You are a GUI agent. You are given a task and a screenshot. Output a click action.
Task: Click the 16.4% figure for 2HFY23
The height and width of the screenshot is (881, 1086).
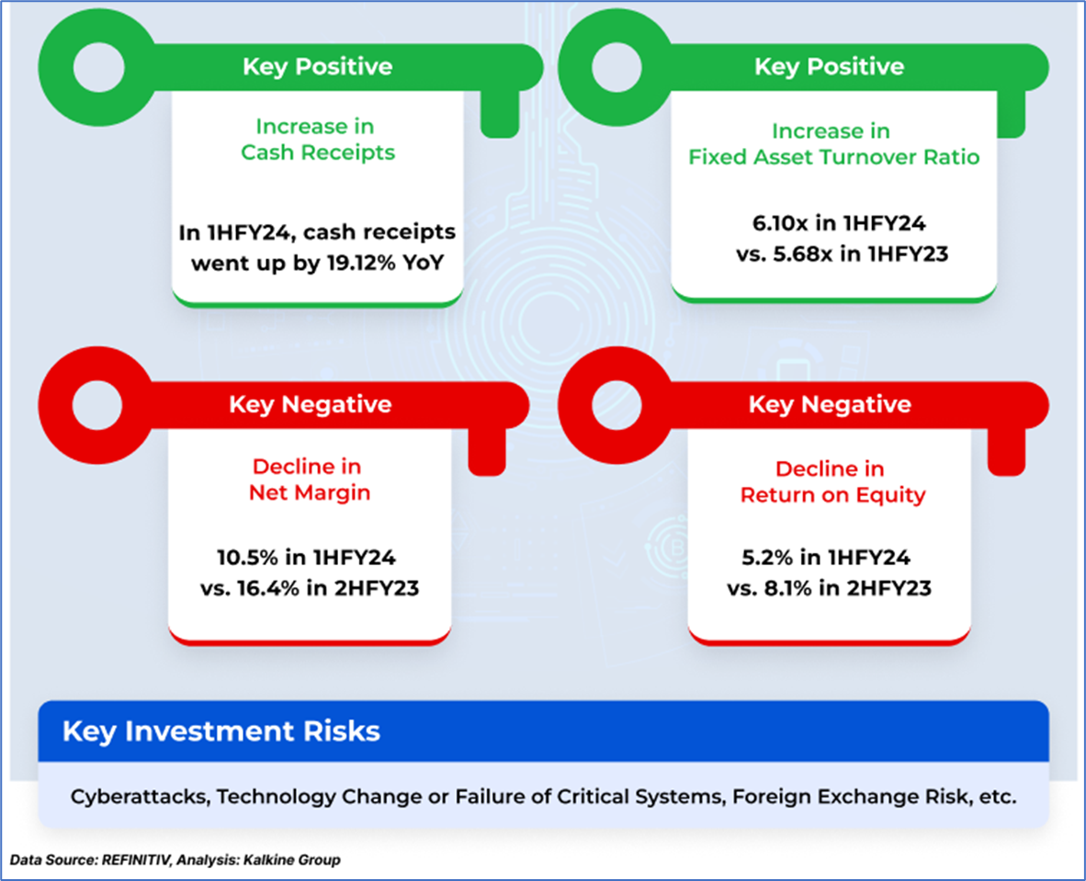coord(268,588)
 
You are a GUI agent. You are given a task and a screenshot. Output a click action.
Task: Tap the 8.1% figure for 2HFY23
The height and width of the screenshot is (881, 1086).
coord(787,588)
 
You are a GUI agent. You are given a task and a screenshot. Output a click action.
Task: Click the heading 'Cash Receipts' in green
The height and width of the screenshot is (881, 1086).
coord(318,152)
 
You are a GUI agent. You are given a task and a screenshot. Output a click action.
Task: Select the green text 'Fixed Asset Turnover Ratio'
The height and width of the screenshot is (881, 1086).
coord(834,157)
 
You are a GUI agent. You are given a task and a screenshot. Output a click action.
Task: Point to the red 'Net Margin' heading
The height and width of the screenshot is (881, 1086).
coord(310,492)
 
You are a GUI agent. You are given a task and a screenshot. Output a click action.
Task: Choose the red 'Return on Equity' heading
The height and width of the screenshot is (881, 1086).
coord(833,495)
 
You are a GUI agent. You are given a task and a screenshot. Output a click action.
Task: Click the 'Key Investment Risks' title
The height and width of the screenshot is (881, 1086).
coord(221,731)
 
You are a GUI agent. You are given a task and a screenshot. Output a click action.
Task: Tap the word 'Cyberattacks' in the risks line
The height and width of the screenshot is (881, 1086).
coord(140,796)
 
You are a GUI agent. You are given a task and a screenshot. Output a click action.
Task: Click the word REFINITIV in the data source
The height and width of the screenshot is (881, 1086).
coord(136,860)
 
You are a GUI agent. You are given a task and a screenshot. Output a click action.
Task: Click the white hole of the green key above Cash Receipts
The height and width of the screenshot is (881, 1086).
coord(99,67)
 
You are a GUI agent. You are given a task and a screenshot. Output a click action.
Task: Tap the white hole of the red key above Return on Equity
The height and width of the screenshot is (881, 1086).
coord(617,406)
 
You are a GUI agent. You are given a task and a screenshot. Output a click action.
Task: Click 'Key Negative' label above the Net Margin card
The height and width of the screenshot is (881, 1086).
coord(311,404)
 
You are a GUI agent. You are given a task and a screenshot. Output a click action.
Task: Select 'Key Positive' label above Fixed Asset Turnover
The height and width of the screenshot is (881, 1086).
coord(829,66)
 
